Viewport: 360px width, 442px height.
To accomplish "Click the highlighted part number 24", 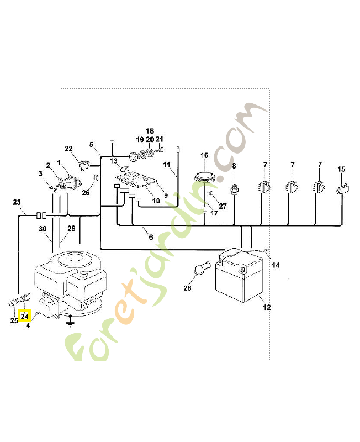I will point(25,317).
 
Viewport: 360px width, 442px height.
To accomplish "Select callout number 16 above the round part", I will point(204,156).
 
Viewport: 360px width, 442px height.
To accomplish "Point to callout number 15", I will point(341,169).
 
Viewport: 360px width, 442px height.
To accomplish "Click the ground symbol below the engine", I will point(70,321).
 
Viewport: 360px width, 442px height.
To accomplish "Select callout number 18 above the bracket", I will point(150,132).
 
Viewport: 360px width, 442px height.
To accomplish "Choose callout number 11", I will point(166,165).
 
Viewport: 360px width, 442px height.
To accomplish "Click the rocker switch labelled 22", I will point(83,163).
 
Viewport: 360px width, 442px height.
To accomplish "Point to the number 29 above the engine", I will point(71,229).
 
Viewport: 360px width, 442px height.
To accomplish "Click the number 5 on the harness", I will point(91,145).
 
